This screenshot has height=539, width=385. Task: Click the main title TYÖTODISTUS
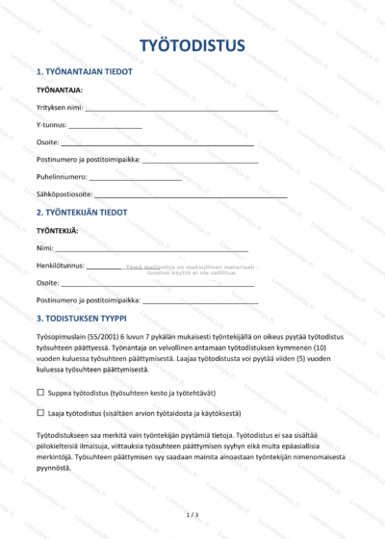click(x=192, y=45)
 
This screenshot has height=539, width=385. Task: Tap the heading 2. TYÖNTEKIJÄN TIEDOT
click(x=94, y=212)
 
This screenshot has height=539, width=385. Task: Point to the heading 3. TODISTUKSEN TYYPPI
click(x=94, y=318)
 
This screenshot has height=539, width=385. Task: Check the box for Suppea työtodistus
click(x=40, y=393)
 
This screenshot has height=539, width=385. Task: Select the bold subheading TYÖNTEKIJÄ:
click(x=57, y=231)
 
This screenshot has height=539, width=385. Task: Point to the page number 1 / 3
click(x=192, y=515)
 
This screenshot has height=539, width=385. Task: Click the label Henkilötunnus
click(x=60, y=266)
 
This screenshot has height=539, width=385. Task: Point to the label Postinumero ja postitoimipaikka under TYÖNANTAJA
click(x=88, y=161)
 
